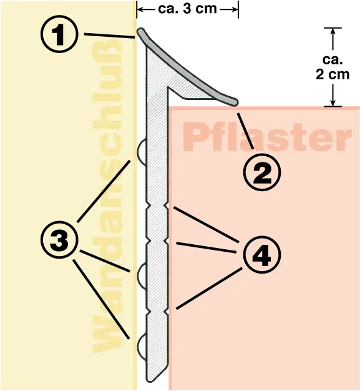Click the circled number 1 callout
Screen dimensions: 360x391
59,34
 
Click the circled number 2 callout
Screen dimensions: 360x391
262,172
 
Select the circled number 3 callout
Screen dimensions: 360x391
59,240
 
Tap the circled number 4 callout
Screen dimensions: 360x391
261,255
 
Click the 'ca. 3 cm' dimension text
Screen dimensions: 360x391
187,9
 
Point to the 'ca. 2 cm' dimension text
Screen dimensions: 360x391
333,67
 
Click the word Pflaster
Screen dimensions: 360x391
267,137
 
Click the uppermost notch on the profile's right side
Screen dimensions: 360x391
167,205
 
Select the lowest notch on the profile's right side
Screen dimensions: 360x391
167,312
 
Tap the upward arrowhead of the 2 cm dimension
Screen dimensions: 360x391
333,32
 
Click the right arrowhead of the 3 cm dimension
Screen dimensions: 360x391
234,9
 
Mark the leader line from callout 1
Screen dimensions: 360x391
110,36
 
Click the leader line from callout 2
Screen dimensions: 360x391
245,131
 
